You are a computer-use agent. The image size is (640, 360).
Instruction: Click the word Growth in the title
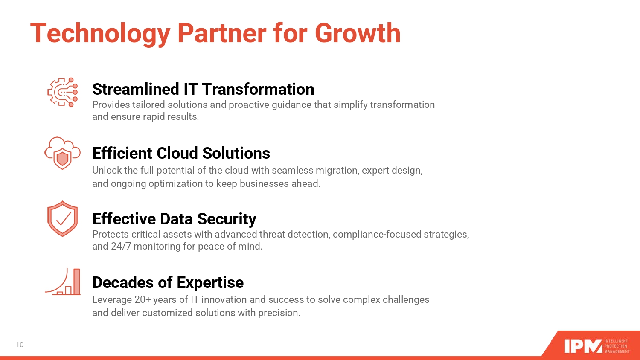(358, 33)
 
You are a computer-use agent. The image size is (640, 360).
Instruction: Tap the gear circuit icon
(63, 92)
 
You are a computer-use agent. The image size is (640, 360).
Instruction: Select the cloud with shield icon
(63, 153)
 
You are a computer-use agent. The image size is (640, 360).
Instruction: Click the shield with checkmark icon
(63, 218)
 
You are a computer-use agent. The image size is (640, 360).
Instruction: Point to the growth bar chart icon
(63, 282)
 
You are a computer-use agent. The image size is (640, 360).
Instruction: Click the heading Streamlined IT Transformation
(203, 89)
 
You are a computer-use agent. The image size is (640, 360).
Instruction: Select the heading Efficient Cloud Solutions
(181, 153)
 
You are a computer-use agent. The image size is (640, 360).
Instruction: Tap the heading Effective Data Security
(174, 219)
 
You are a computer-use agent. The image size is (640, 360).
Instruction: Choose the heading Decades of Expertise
(168, 283)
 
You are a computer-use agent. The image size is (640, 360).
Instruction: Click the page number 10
(20, 345)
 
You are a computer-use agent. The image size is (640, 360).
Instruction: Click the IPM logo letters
(583, 346)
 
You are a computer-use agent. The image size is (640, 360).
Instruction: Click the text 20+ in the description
(142, 300)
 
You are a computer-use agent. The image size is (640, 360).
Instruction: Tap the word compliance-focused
(377, 235)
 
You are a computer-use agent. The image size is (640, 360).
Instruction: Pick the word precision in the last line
(279, 313)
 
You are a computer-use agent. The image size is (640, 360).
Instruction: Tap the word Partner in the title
(222, 33)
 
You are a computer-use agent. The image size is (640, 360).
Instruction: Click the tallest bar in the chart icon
(77, 282)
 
